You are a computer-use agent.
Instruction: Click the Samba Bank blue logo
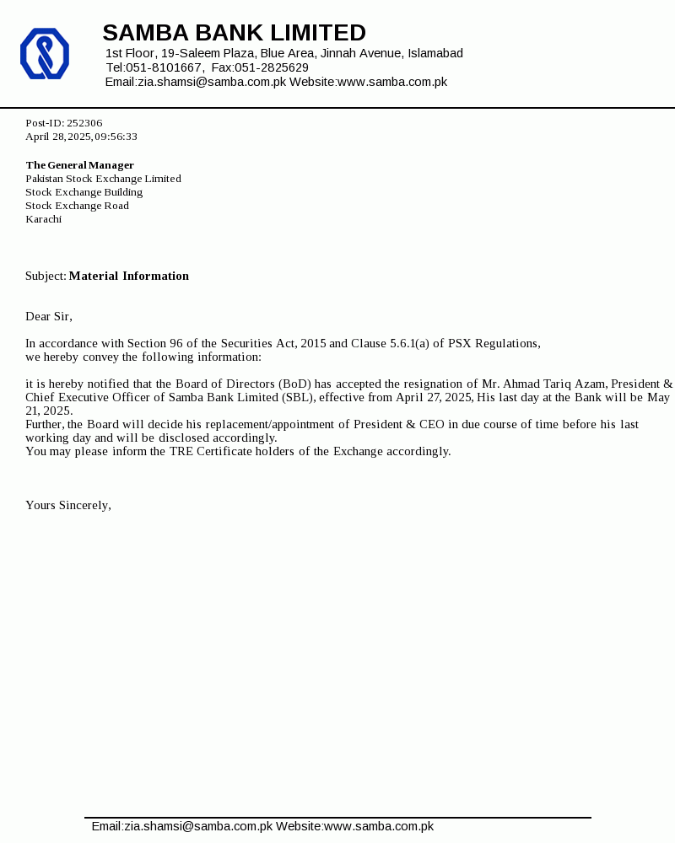pyautogui.click(x=44, y=53)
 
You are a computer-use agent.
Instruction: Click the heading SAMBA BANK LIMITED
pyautogui.click(x=234, y=33)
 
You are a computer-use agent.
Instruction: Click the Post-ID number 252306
pyautogui.click(x=84, y=123)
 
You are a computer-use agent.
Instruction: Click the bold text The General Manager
pyautogui.click(x=79, y=165)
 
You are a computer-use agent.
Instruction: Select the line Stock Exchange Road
pyautogui.click(x=77, y=206)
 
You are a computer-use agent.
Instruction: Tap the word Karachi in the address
pyautogui.click(x=43, y=219)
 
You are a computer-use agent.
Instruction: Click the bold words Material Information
pyautogui.click(x=128, y=276)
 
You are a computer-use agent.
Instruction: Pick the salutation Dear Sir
pyautogui.click(x=48, y=316)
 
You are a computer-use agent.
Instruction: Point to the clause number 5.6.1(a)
pyautogui.click(x=409, y=343)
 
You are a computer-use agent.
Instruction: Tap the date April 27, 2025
pyautogui.click(x=434, y=397)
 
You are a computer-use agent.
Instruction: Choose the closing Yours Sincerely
pyautogui.click(x=67, y=505)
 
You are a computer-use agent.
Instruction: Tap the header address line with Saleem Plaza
pyautogui.click(x=284, y=53)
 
